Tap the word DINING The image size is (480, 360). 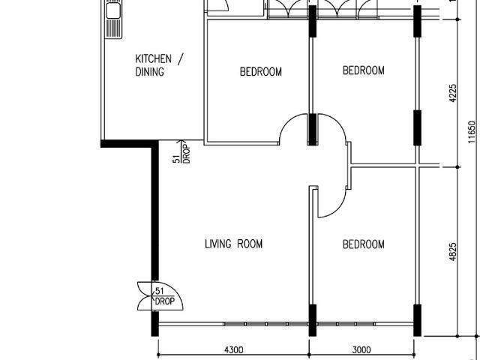[x=149, y=72]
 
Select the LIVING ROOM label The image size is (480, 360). [x=233, y=244]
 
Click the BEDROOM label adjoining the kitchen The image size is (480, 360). [x=260, y=72]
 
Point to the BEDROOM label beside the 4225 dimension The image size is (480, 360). [x=363, y=70]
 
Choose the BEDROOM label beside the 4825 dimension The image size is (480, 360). [x=363, y=244]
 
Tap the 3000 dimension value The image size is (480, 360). [x=361, y=349]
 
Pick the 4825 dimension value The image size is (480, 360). [x=452, y=250]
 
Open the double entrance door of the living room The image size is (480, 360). [x=144, y=295]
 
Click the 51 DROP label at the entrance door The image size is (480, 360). [x=163, y=295]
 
